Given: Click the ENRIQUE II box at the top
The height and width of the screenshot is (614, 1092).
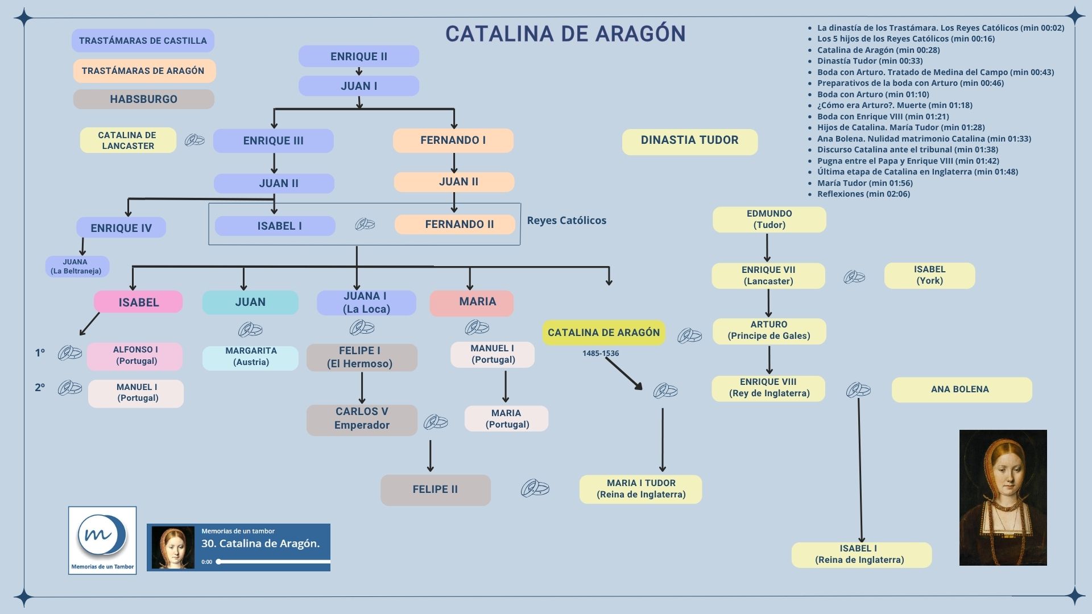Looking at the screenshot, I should coord(358,56).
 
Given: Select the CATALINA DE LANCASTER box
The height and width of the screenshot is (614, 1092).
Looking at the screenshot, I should coord(127,140).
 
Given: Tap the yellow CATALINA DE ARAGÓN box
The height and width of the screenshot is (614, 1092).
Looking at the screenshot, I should coord(603,333).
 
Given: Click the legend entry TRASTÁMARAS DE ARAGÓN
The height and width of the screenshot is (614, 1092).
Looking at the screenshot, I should coord(143,71).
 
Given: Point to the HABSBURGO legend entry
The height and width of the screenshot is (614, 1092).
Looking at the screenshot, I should coord(143,99).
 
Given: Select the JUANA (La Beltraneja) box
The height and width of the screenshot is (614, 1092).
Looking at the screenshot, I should coord(76,266).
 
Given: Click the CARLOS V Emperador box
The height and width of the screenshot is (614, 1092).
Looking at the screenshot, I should coord(362,418).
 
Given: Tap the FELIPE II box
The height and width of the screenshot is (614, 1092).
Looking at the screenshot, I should coord(435,489).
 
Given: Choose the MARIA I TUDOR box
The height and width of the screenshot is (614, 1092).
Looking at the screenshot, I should coord(641,489).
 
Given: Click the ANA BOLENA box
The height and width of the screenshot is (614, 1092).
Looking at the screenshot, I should coord(961,389).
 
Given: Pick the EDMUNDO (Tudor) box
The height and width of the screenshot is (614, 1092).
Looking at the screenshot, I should coord(769,219).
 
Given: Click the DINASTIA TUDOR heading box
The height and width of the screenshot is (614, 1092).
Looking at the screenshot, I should coord(689,140).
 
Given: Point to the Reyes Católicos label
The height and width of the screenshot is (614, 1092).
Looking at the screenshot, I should coord(566,221).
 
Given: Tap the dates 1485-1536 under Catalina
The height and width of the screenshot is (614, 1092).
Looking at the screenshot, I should coord(601,354).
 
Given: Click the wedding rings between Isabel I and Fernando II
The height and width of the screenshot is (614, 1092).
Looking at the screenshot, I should coord(365,224).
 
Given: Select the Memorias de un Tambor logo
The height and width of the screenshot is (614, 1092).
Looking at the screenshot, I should coord(102,540).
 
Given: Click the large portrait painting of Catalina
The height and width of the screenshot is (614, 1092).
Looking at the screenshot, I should coord(1003,497).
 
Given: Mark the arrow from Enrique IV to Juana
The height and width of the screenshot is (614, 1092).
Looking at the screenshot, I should coord(82,247).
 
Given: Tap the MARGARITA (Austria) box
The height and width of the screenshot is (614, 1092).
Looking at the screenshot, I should coord(251,356).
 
